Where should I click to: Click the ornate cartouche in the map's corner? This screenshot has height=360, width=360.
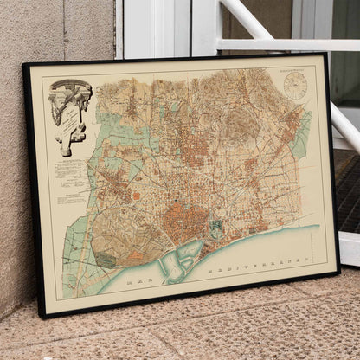coord(72,112)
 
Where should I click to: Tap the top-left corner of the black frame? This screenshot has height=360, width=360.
coord(25,65)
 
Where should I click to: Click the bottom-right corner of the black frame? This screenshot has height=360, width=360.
coord(338,272)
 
